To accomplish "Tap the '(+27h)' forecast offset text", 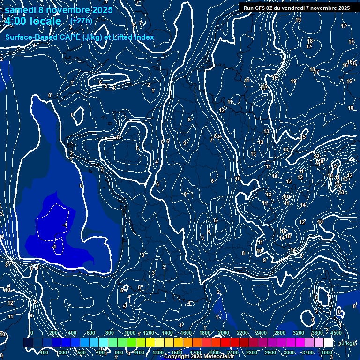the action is point(81,21).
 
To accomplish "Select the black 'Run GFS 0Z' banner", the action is point(297,8).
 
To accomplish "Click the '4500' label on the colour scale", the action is point(336,333).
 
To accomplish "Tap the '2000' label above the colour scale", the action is point(223,333).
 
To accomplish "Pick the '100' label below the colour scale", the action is point(44,352).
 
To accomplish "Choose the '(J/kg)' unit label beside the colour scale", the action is point(347,344).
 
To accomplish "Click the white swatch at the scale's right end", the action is point(328,343).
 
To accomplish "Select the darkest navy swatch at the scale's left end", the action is point(28,343).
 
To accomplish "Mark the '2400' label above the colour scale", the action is point(261,333).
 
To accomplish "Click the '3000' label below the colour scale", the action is point(289,352).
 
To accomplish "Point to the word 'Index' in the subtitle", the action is point(142,37).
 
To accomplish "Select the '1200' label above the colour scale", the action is point(148,333).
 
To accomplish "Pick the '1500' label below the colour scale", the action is point(176,352).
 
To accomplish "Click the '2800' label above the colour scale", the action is point(280,333).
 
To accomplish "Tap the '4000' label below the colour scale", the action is point(327,352).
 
